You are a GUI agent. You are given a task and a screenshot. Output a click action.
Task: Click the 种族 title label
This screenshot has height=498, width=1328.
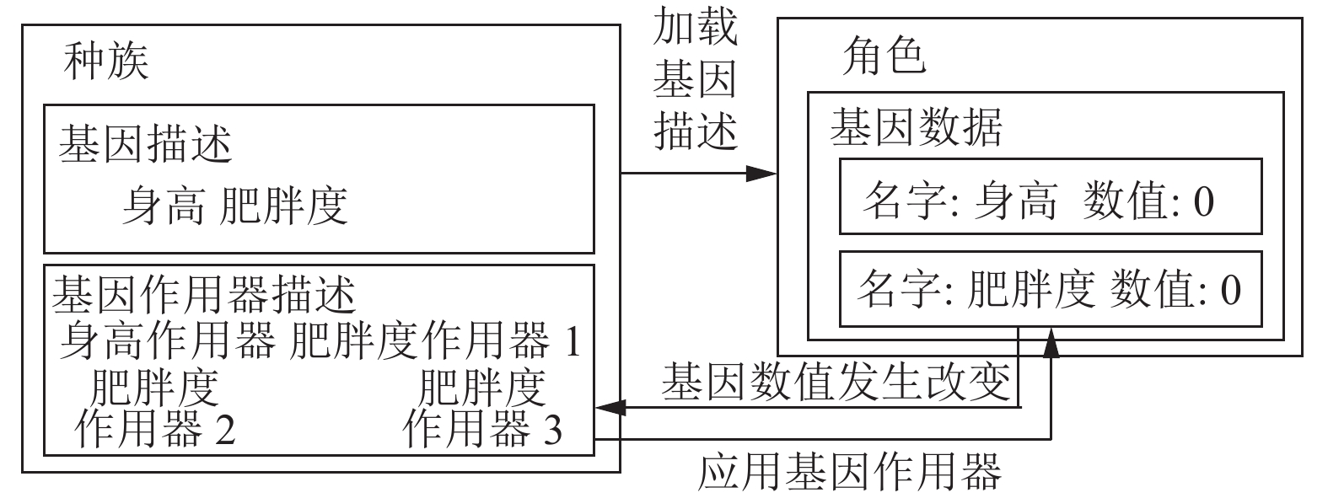click(105, 61)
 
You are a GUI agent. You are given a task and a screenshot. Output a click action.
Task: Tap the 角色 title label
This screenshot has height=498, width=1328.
click(884, 55)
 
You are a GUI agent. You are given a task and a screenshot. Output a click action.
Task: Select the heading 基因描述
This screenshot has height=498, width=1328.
click(145, 144)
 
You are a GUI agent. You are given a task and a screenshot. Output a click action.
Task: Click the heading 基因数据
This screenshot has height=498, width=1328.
click(916, 127)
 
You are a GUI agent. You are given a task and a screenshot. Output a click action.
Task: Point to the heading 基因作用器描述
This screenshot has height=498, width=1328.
click(204, 294)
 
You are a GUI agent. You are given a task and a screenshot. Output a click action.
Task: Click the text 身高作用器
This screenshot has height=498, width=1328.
click(168, 340)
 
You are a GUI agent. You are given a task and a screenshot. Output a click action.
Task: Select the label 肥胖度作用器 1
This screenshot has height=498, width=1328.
click(435, 340)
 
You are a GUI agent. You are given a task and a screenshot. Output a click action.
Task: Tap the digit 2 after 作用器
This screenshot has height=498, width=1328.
click(224, 429)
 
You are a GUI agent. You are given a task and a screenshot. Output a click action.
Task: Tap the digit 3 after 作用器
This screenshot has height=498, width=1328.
click(552, 429)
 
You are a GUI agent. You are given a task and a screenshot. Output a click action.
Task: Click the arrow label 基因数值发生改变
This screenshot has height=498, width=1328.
click(836, 382)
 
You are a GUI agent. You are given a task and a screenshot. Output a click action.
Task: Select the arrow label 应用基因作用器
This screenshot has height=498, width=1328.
click(850, 472)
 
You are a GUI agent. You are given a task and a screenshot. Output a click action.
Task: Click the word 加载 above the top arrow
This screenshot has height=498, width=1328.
click(695, 27)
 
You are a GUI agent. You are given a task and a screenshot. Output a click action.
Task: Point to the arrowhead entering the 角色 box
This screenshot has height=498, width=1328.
click(761, 174)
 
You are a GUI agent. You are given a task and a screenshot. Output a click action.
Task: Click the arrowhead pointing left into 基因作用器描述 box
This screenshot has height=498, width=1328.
click(611, 407)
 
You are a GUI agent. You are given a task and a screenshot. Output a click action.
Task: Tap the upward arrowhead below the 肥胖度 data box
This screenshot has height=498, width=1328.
click(1051, 342)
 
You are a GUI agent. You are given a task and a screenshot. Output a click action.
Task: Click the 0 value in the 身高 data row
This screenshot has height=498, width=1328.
click(1203, 201)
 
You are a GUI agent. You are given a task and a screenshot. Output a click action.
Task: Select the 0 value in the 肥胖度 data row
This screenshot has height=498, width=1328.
click(1231, 291)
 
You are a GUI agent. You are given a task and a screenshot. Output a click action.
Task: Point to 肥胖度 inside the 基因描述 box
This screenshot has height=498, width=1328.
click(282, 206)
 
